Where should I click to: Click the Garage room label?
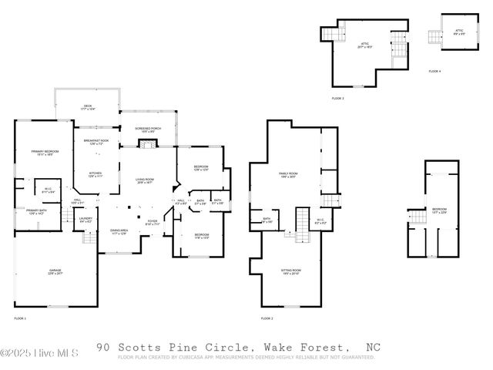(55, 272)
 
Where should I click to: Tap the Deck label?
(88, 108)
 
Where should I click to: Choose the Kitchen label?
(96, 174)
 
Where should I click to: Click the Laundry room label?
(86, 220)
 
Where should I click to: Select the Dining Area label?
(119, 231)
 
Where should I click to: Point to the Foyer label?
(153, 223)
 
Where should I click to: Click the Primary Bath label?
(38, 211)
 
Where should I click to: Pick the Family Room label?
(288, 176)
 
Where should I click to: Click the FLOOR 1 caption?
(20, 318)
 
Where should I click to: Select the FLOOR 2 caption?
(267, 318)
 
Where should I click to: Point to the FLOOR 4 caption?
(435, 72)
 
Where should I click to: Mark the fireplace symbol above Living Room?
(143, 142)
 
